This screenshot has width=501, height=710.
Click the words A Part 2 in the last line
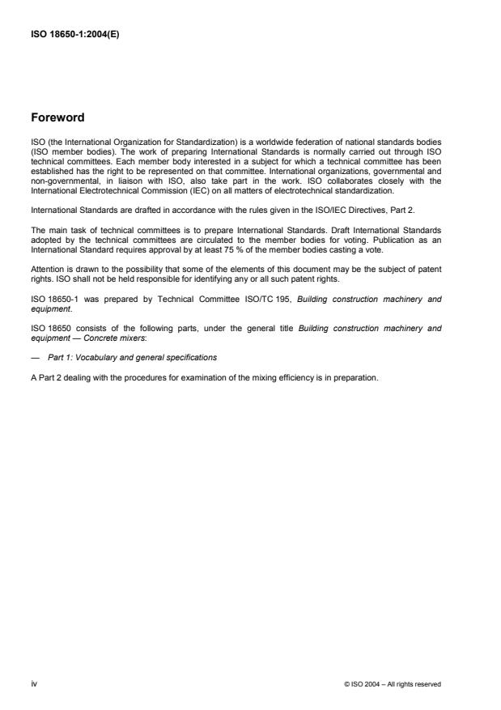coord(44,375)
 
